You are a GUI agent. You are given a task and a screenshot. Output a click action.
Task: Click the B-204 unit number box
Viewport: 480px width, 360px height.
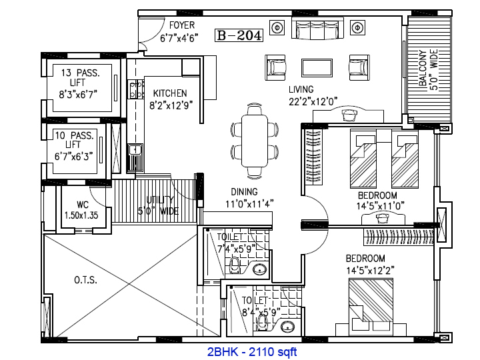coord(239,35)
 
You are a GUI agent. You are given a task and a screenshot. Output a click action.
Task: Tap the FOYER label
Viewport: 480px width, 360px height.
coord(182,25)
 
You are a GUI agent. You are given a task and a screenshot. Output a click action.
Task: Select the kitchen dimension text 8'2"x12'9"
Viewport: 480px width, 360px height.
coord(171,105)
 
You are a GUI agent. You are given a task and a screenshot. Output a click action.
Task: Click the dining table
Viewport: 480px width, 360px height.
coord(255,141)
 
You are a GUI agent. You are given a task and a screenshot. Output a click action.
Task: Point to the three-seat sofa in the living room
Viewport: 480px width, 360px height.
coord(317,29)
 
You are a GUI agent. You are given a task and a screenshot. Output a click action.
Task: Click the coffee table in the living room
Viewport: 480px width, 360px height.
coord(317,68)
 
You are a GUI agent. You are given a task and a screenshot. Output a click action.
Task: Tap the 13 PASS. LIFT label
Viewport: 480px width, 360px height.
coord(80,78)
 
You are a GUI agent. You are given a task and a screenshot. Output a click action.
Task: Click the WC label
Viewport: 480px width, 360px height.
coord(83,205)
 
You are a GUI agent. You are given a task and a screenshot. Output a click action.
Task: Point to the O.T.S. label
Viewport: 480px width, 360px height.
coord(86,280)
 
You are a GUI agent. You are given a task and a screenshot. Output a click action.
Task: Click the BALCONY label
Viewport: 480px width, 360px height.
coord(423,68)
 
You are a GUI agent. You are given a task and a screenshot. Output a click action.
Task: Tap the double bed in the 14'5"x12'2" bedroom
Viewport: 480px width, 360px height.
coord(371,300)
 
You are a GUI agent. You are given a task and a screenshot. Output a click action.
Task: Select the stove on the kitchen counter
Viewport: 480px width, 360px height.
coord(135,89)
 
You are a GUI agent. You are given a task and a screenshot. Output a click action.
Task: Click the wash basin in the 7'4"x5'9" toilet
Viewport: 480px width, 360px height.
coord(259,270)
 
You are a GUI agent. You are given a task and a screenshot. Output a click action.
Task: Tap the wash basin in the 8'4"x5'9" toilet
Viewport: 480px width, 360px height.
coord(287,326)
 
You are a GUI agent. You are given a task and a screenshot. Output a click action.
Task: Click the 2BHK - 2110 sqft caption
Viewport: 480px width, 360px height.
coord(252,352)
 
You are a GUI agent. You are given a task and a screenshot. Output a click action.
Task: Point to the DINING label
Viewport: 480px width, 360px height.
coord(244,192)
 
